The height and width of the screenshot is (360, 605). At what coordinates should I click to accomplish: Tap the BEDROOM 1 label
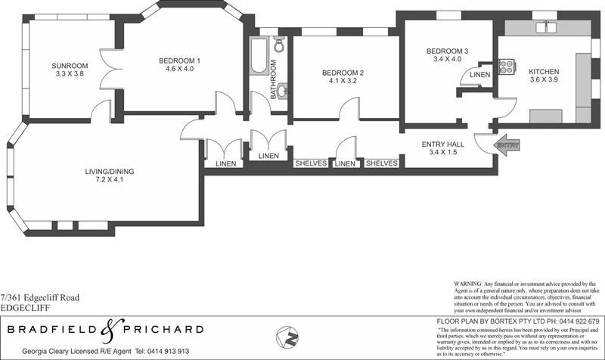[x=179, y=61]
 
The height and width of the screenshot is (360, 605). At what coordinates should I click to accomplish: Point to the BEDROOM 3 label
[x=447, y=51]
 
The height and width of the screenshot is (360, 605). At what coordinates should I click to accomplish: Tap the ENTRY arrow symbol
[x=502, y=143]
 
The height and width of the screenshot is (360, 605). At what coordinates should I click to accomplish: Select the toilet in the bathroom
[x=279, y=46]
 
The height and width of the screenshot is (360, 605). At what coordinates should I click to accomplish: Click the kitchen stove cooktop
[x=507, y=66]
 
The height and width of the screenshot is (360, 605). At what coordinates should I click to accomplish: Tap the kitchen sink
[x=546, y=28]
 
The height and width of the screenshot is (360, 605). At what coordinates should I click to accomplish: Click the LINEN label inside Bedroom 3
[x=479, y=75]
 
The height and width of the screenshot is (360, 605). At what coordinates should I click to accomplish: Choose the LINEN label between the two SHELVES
[x=345, y=163]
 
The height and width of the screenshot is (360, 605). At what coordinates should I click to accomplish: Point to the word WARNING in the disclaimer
[x=469, y=282]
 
